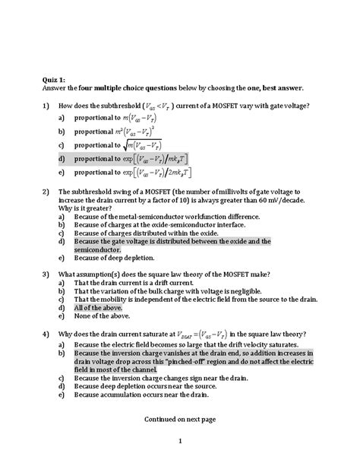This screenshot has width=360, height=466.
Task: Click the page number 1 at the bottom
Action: tap(180, 441)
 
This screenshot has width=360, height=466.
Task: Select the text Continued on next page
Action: tap(180, 419)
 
